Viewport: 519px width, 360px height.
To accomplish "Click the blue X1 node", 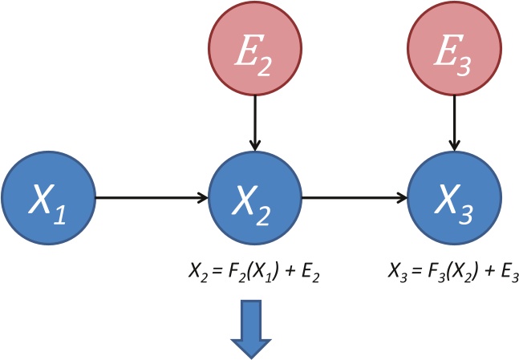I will point(48,196).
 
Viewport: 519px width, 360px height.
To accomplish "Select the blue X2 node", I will point(254,196).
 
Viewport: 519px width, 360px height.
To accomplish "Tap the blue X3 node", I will point(455,196).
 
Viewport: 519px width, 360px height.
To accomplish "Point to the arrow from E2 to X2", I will point(254,120).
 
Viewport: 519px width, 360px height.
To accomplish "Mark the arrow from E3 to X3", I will point(455,120).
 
